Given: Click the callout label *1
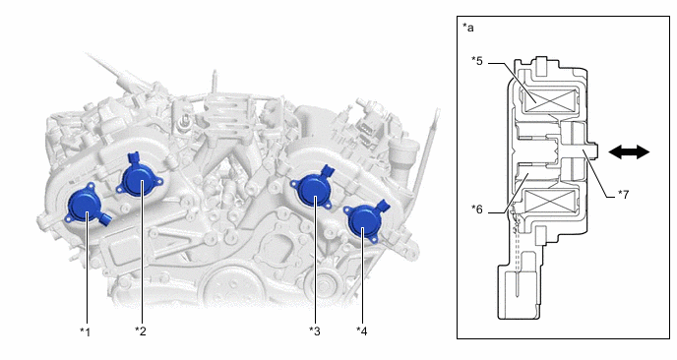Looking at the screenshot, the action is (x=85, y=331).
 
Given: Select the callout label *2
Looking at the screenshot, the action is (x=141, y=331).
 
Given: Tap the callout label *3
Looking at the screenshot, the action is (x=315, y=331).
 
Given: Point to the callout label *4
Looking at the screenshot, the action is (x=362, y=331).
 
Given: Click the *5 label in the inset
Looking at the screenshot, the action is (x=477, y=61).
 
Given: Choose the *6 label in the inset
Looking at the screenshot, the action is (x=477, y=210).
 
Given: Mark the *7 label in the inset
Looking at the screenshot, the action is (x=623, y=194).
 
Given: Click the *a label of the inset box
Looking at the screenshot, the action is (x=468, y=28).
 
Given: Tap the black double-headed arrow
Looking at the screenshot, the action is (x=629, y=151).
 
